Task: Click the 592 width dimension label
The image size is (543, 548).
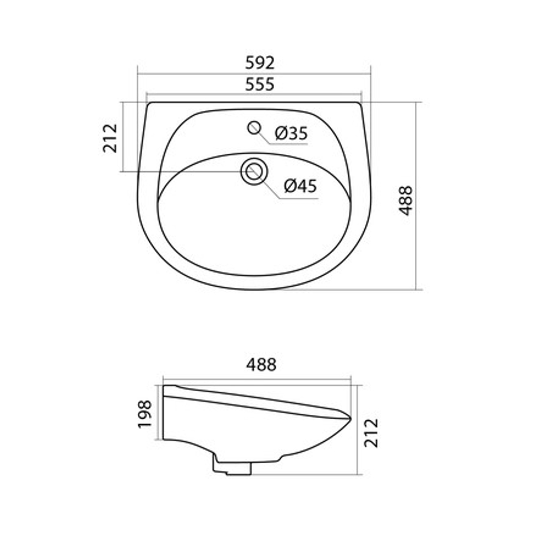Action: point(260,63)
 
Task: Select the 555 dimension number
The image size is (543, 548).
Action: point(260,85)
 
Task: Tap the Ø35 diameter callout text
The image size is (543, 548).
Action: point(291,133)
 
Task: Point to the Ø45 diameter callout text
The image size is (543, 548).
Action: point(300,186)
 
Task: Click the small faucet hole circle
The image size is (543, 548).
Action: point(254,128)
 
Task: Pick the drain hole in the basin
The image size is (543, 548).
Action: point(254,172)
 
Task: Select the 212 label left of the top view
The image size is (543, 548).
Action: point(110,138)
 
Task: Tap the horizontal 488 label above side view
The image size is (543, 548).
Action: point(261,365)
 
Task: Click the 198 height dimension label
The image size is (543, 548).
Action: point(144,414)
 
